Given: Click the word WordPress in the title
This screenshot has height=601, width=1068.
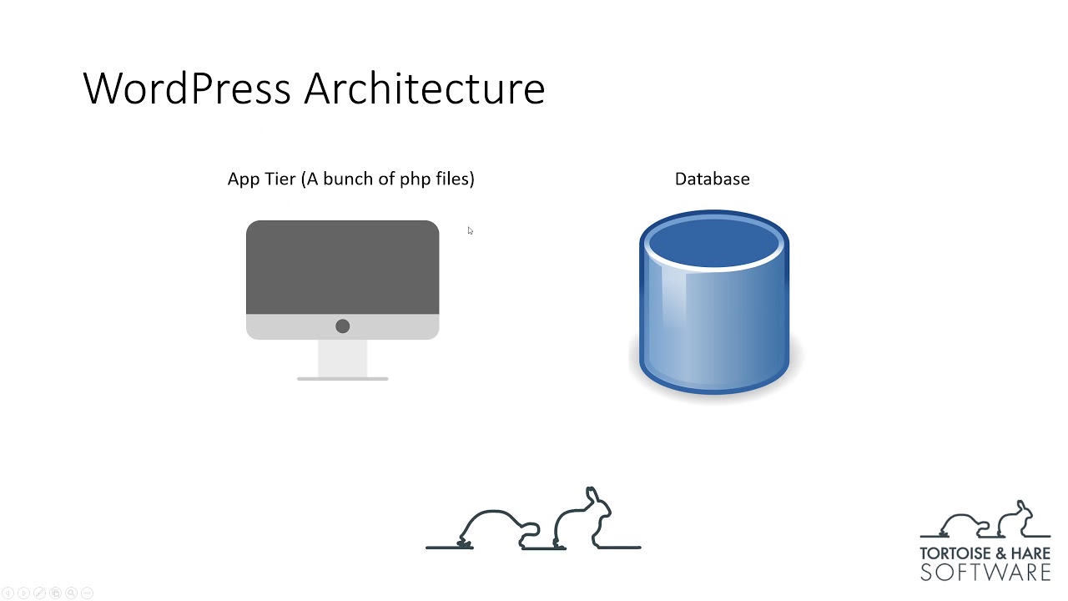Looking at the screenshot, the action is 187,88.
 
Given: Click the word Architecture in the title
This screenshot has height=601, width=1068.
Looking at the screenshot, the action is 425,88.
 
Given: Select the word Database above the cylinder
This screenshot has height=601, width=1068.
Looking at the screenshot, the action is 713,179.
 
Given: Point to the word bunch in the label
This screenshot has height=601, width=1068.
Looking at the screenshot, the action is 347,179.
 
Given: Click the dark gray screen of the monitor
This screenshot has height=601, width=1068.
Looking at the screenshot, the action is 342,267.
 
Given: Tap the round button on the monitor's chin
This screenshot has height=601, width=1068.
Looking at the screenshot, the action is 342,326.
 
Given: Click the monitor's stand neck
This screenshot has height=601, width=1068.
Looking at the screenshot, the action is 342,358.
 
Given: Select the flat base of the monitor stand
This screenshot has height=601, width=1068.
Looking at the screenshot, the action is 342,379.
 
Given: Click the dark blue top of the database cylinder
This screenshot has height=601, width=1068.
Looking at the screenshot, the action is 714,243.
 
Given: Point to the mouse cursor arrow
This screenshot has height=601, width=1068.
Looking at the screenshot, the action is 470,231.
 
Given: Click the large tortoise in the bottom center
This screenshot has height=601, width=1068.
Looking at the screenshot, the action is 499,529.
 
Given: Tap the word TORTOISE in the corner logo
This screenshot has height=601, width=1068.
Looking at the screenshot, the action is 955,553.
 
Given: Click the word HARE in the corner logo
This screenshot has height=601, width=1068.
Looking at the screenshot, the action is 1030,553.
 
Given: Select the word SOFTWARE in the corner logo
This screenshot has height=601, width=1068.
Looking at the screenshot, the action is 985,573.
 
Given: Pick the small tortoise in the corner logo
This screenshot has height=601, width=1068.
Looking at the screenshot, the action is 964,525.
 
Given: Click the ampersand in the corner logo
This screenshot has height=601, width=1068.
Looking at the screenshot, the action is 1001,553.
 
